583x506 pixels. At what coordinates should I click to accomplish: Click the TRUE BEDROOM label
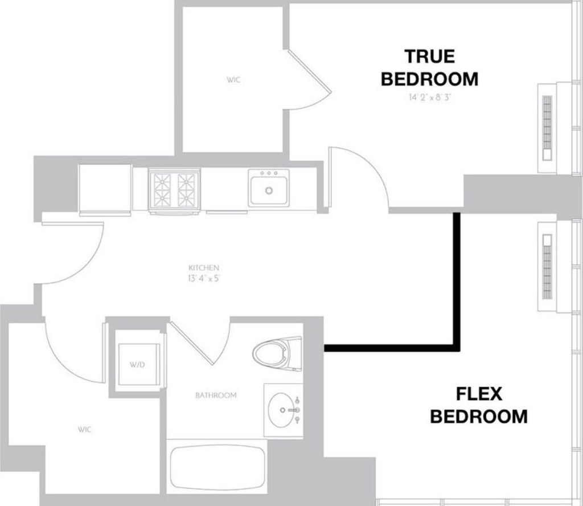click(x=430, y=68)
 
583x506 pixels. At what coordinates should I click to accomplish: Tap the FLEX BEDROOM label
click(x=479, y=405)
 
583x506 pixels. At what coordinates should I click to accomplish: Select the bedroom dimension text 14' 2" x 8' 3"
click(x=430, y=97)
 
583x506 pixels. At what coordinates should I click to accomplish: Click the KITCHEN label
click(x=204, y=267)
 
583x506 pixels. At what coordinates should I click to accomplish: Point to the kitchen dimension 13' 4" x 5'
click(x=204, y=278)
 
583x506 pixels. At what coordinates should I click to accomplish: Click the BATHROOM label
click(x=216, y=395)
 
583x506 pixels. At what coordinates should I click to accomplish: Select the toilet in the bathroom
click(x=277, y=353)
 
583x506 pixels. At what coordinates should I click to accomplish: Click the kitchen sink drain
click(x=269, y=190)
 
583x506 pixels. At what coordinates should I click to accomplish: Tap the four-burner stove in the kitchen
click(x=174, y=190)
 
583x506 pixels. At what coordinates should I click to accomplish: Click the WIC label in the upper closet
click(x=233, y=80)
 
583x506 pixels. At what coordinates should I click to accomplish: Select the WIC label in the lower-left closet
click(x=85, y=429)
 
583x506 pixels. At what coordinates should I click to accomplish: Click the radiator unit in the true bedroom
click(x=547, y=128)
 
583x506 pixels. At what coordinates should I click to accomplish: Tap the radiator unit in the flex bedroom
click(x=547, y=267)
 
